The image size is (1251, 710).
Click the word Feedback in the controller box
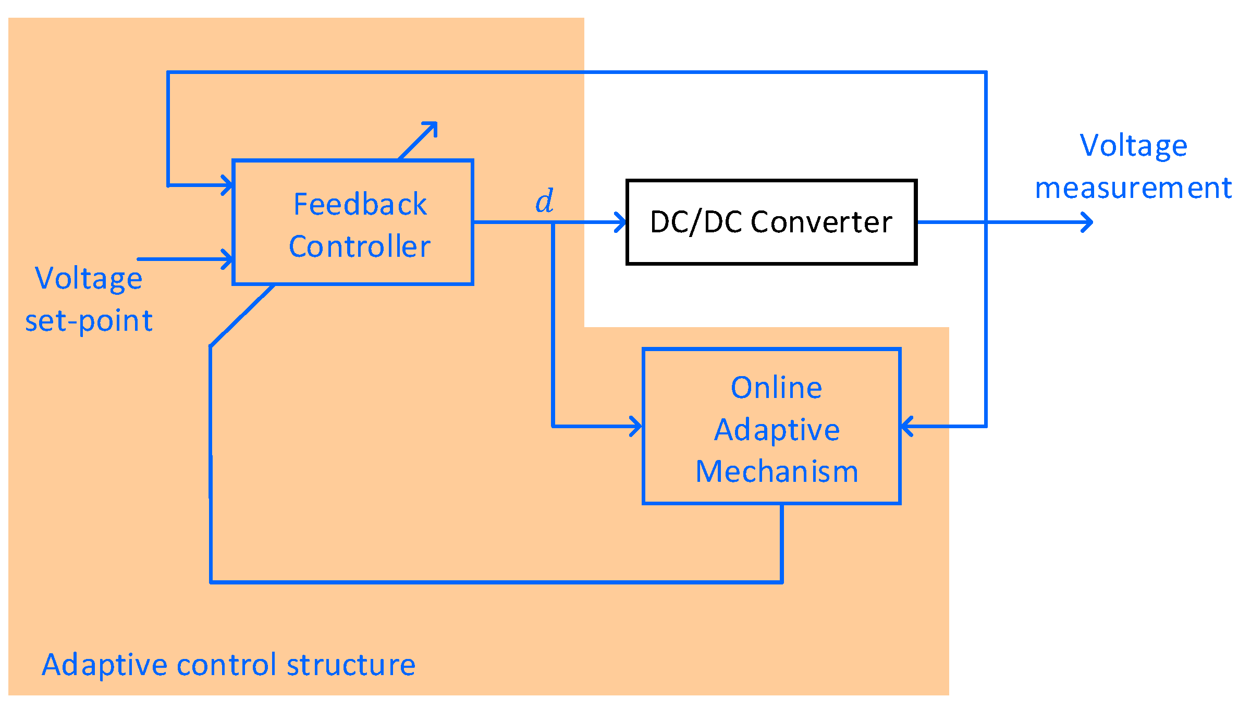[x=360, y=204]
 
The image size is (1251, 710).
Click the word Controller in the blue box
[x=360, y=246]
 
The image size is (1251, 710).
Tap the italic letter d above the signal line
[x=544, y=201]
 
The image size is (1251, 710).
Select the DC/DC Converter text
[x=771, y=222]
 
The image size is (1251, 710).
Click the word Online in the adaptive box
[x=776, y=388]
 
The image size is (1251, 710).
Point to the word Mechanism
[x=777, y=472]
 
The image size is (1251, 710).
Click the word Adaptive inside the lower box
[x=777, y=430]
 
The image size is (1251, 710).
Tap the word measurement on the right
[x=1133, y=188]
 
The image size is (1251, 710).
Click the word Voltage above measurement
[x=1133, y=145]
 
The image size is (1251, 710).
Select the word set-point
[x=89, y=320]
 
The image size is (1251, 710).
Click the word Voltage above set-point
[x=89, y=278]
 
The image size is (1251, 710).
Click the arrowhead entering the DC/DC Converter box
[x=621, y=222]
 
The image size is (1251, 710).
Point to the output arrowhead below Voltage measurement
[x=1088, y=222]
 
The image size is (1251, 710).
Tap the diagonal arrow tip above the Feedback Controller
[x=433, y=126]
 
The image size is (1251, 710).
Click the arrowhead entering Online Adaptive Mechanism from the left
[x=637, y=426]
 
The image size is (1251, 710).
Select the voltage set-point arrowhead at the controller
[x=228, y=259]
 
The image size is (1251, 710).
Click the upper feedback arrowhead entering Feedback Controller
[x=228, y=185]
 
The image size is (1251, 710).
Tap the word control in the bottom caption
[x=226, y=665]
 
